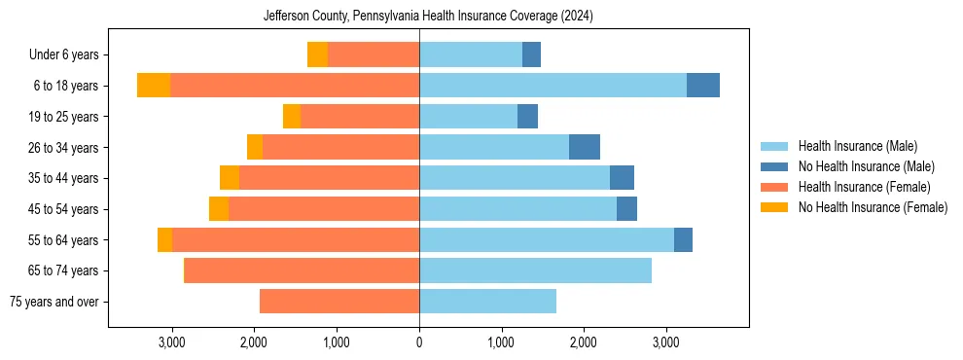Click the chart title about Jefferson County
428,17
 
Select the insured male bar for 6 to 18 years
553,86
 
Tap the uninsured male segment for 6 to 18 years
703,86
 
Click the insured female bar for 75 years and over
339,302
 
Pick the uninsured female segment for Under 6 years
317,54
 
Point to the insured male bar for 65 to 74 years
535,270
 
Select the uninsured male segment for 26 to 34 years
585,147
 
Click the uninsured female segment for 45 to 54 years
219,209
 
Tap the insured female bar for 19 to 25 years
360,117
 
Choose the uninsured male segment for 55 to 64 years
683,239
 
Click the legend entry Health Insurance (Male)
857,146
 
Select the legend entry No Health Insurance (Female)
873,207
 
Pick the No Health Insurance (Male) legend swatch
774,166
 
